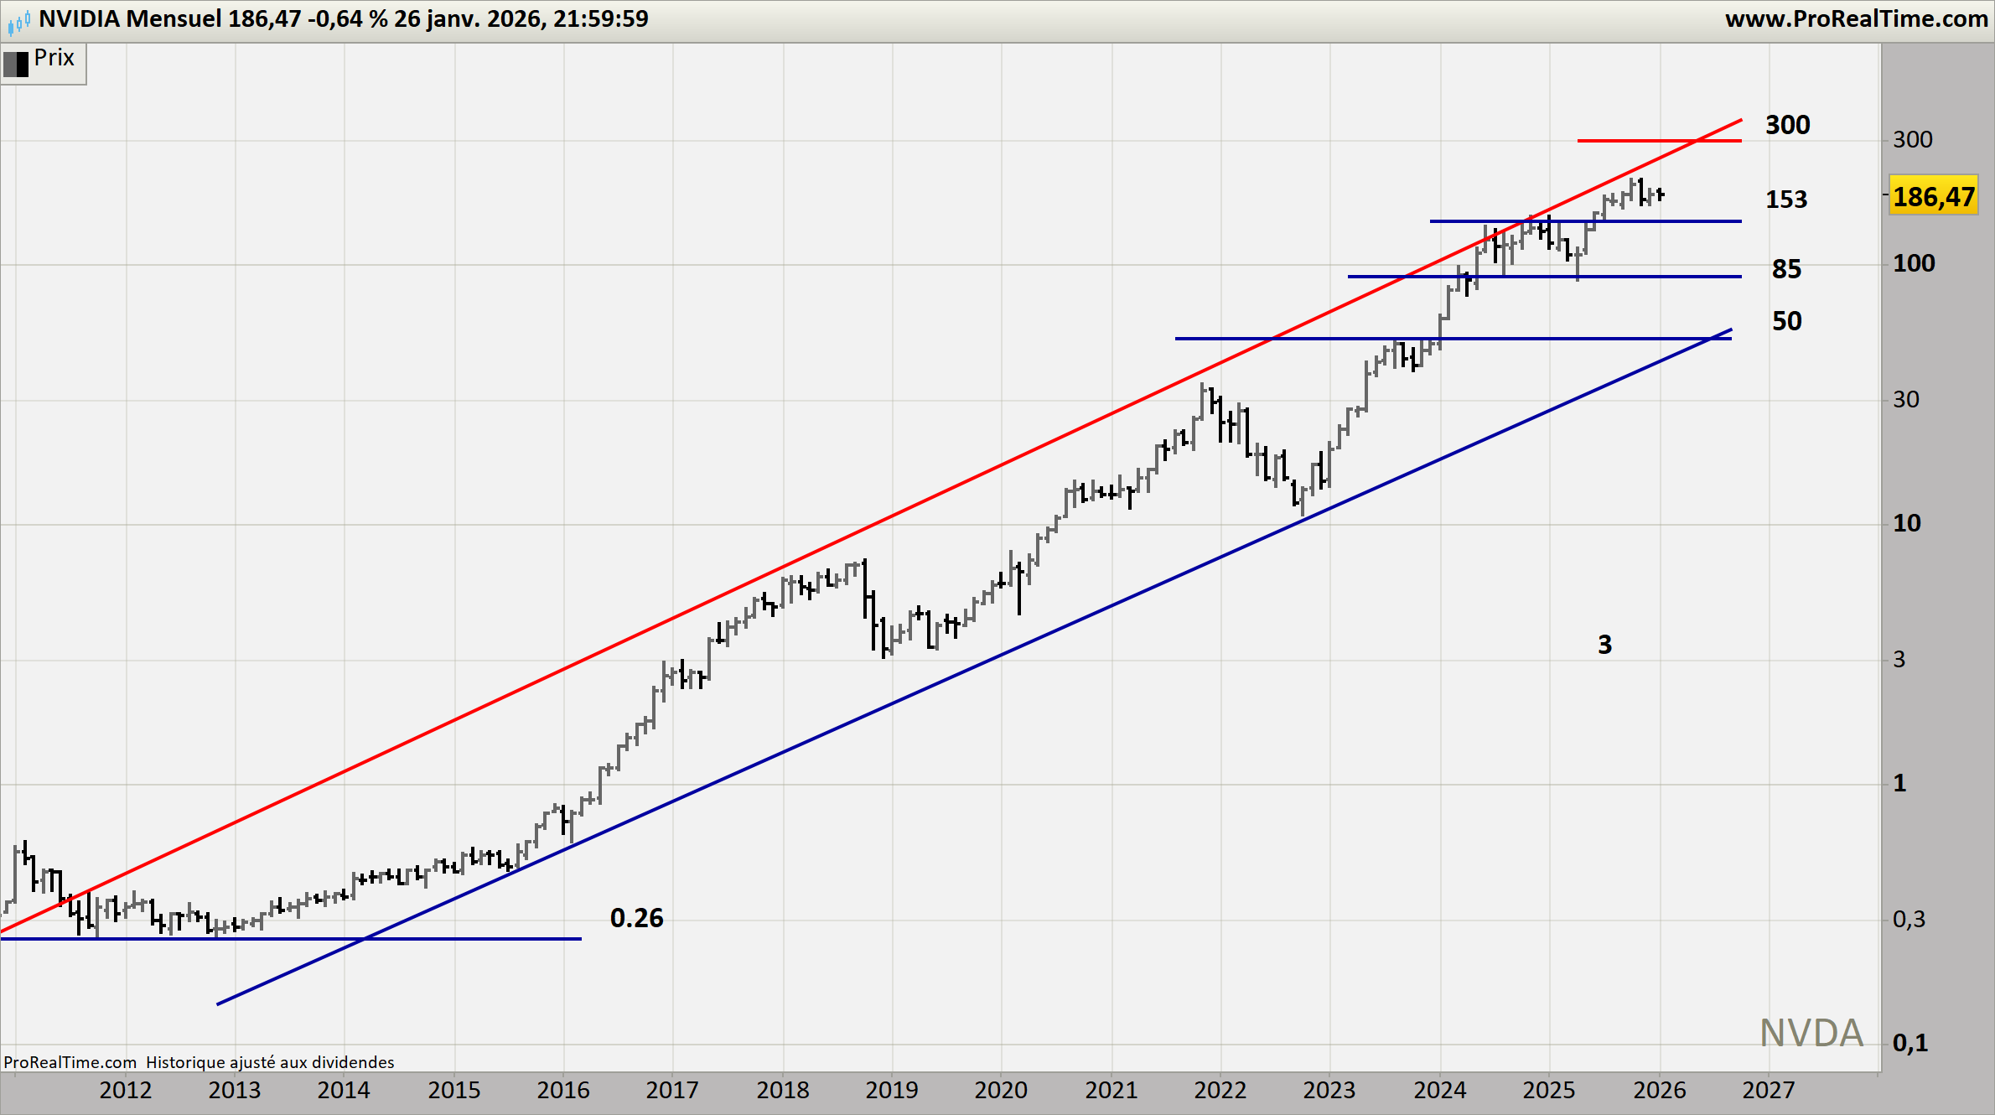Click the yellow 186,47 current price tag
pyautogui.click(x=1933, y=197)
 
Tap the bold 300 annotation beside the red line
pyautogui.click(x=1787, y=125)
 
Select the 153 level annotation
pyautogui.click(x=1786, y=200)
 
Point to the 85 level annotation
pyautogui.click(x=1786, y=269)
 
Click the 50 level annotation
pyautogui.click(x=1786, y=321)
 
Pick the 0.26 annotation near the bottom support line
pyautogui.click(x=636, y=918)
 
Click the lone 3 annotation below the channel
pyautogui.click(x=1604, y=645)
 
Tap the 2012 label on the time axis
pyautogui.click(x=126, y=1090)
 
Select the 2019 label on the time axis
pyautogui.click(x=892, y=1090)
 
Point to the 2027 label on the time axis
pyautogui.click(x=1769, y=1090)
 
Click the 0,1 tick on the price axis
pyautogui.click(x=1909, y=1043)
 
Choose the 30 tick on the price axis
pyautogui.click(x=1906, y=400)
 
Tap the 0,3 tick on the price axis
pyautogui.click(x=1909, y=920)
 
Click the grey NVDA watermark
pyautogui.click(x=1811, y=1033)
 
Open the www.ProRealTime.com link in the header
pyautogui.click(x=1856, y=19)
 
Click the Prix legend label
pyautogui.click(x=54, y=58)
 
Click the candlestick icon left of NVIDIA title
pyautogui.click(x=18, y=21)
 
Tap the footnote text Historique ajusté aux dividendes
pyautogui.click(x=270, y=1062)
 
